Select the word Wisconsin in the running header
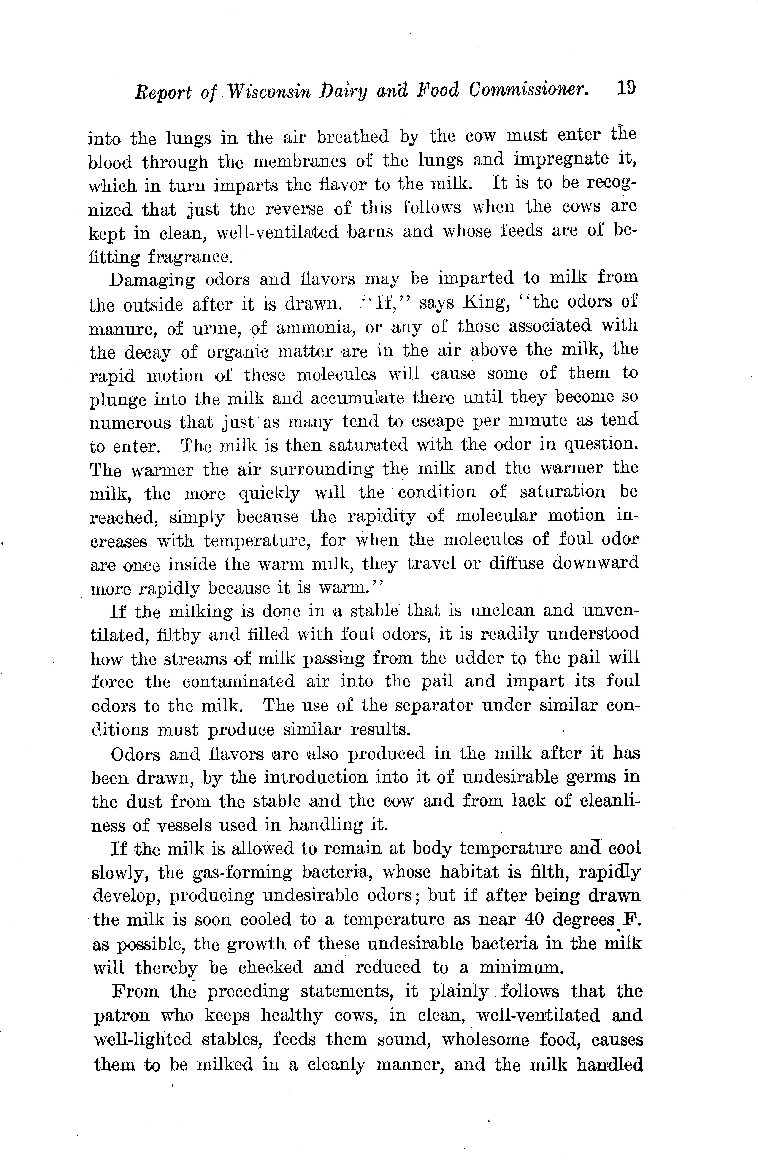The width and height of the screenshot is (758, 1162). tap(270, 91)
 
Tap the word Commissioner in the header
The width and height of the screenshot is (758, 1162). tap(528, 90)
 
